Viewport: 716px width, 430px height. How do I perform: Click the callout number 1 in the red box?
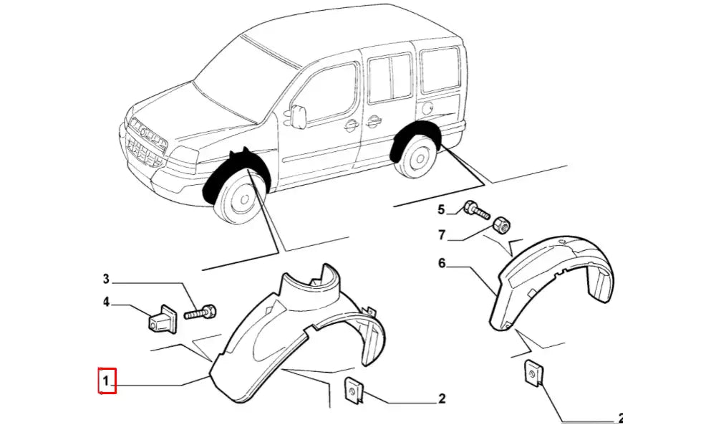(106, 381)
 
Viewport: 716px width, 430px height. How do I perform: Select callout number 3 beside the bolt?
(106, 279)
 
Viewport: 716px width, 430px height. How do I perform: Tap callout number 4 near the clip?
(106, 303)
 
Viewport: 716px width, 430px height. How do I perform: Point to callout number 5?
(442, 209)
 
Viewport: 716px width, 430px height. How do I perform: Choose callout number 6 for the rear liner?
(442, 264)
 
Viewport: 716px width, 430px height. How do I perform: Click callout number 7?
(442, 234)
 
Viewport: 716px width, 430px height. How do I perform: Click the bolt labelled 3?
(200, 312)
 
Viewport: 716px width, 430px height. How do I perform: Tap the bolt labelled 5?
(475, 210)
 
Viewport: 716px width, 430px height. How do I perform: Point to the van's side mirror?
(299, 115)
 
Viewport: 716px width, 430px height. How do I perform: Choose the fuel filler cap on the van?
(427, 108)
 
